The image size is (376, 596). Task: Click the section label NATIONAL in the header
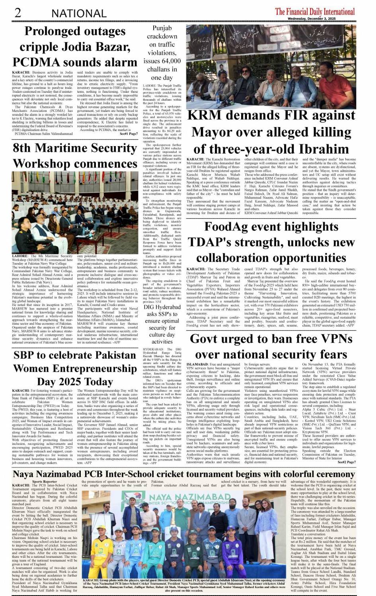(x=79, y=13)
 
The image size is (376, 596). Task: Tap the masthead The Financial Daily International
(x=315, y=11)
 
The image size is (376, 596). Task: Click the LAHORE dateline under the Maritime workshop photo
(x=20, y=256)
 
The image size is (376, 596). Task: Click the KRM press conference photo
(x=271, y=66)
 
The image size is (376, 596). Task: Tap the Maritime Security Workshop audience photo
(x=75, y=212)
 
